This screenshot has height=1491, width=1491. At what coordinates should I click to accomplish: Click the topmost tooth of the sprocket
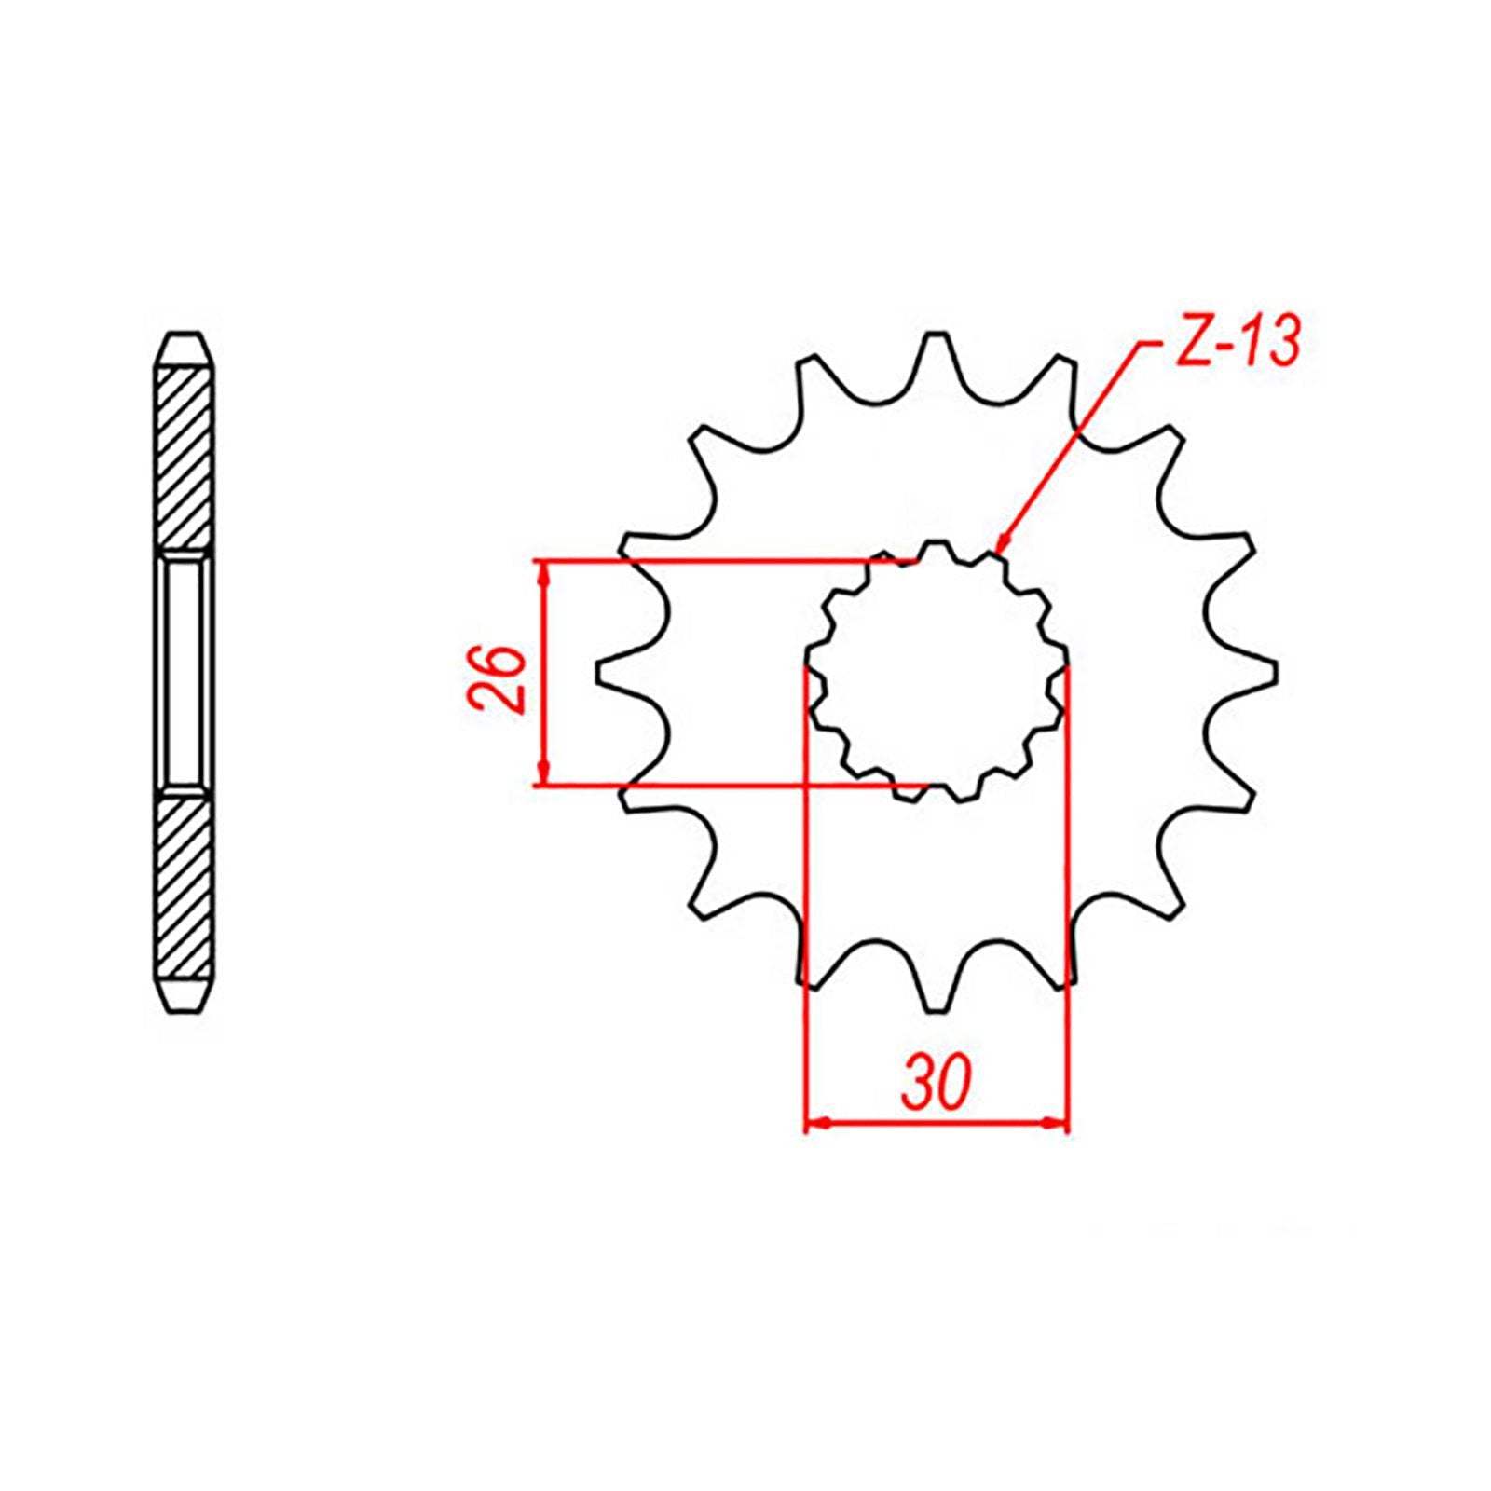936,349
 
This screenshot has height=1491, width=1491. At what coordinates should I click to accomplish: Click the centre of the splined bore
937,672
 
